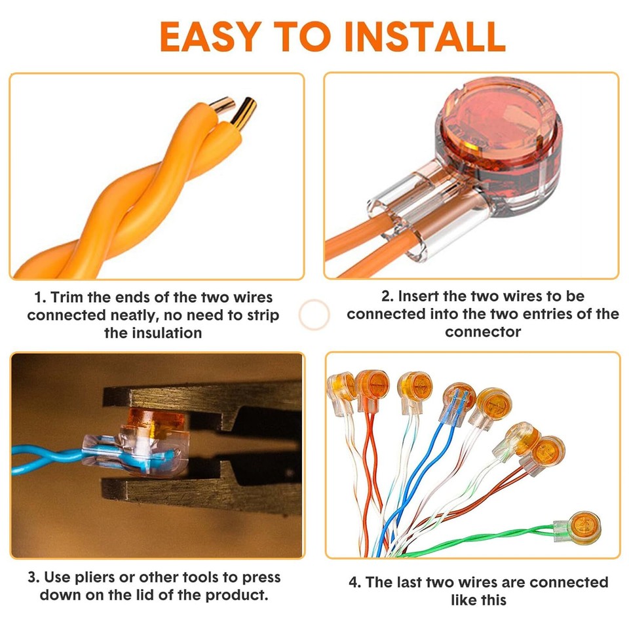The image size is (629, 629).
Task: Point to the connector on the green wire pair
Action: click(x=577, y=527)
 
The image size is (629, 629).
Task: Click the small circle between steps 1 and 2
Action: click(x=314, y=314)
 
